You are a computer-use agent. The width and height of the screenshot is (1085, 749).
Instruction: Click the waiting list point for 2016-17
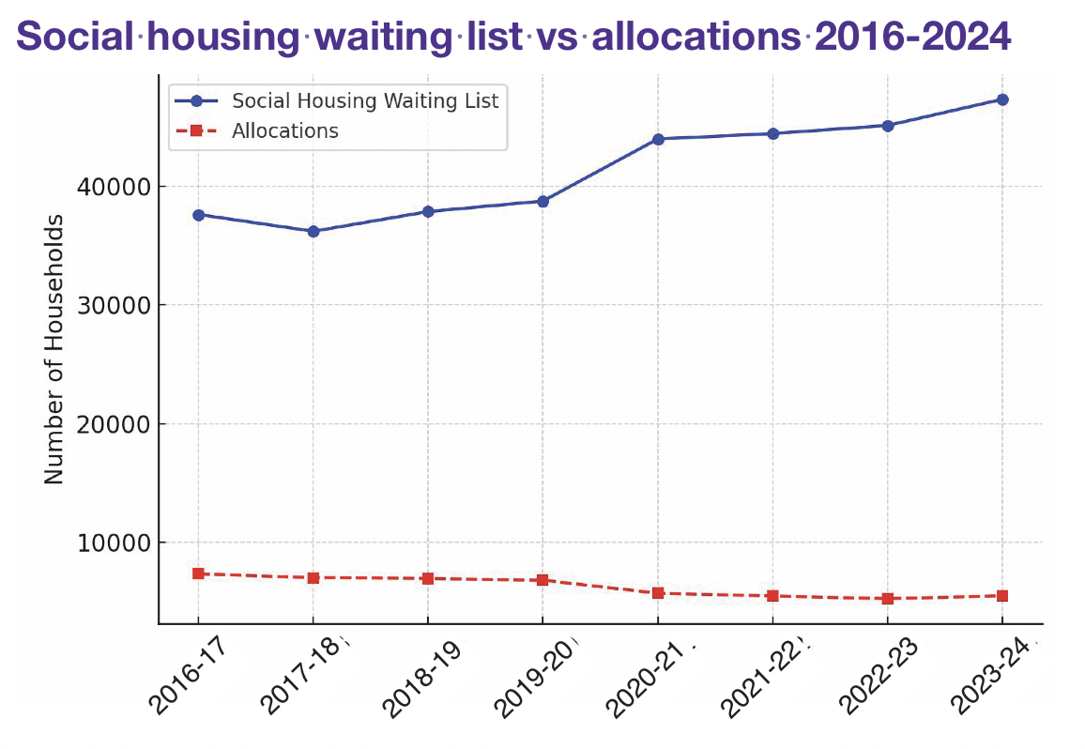coord(198,215)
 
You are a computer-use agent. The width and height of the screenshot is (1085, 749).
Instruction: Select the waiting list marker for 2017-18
coord(313,231)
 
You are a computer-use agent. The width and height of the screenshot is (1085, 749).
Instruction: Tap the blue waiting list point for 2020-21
coord(658,139)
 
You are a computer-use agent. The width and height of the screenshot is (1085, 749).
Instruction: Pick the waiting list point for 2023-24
coord(1002,99)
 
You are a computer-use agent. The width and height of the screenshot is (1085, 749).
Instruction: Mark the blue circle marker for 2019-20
coord(542,201)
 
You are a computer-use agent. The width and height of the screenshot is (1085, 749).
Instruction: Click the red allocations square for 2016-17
coord(198,573)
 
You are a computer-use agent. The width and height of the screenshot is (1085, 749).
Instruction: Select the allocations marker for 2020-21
coord(658,593)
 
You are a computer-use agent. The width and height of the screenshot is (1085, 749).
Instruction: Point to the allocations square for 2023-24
coord(1002,596)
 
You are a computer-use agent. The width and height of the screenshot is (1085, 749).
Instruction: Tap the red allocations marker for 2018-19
coord(428,578)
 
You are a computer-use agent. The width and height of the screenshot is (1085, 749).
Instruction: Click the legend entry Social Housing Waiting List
coord(365,100)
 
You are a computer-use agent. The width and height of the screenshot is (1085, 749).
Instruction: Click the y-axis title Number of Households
coord(54,349)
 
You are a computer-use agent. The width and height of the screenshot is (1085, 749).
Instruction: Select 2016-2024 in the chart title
coord(912,37)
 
